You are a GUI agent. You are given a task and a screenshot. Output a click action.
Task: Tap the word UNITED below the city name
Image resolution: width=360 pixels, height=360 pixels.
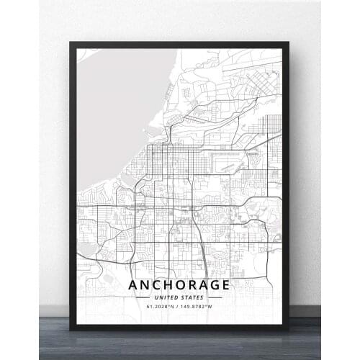[166, 298]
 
